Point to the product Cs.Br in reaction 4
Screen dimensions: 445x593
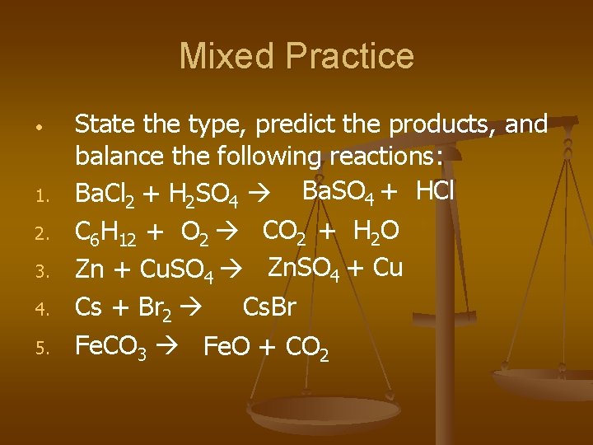click(269, 307)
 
